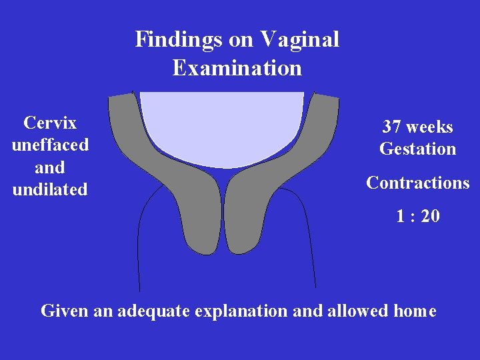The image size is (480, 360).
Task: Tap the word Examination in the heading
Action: coord(237,68)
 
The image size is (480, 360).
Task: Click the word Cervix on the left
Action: coord(50,123)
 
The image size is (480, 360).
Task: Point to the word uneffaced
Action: coord(50,145)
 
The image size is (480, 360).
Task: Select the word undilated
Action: coord(50,189)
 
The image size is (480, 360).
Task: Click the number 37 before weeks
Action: coord(392,127)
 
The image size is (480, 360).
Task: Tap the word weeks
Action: coord(430,127)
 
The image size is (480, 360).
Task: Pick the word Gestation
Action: coord(418,149)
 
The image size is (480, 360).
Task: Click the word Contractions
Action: coord(418,183)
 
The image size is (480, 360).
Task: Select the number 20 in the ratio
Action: coord(430,216)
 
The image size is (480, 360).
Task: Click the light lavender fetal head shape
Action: coord(221,127)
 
